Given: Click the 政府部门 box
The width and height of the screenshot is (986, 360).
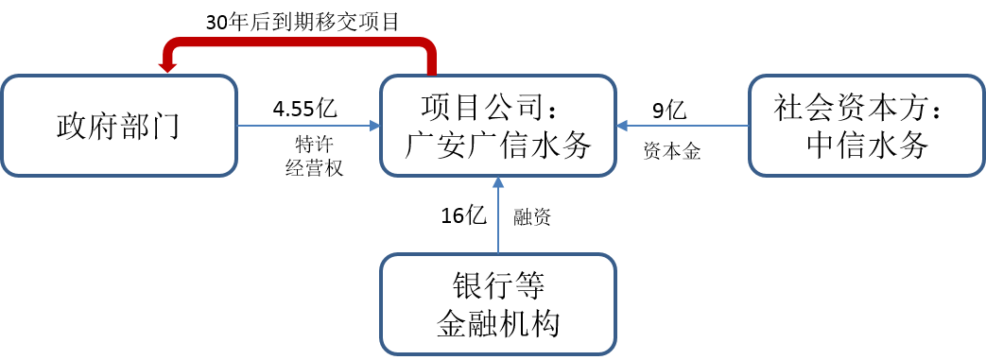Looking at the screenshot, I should click(x=118, y=126).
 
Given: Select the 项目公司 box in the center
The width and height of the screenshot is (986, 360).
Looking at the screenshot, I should click(x=498, y=126).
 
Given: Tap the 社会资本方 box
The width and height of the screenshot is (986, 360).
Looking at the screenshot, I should click(x=866, y=126).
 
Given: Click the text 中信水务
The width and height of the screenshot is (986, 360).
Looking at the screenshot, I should click(x=866, y=146).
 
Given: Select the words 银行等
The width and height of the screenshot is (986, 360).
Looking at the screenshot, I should click(x=498, y=285).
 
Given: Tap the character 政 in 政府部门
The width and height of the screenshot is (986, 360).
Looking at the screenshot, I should click(x=72, y=126).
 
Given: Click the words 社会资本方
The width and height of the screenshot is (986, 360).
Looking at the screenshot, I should click(x=851, y=106).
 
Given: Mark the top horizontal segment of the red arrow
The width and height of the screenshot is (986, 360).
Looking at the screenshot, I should click(x=298, y=43).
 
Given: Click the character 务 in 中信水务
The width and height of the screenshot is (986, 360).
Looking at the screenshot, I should click(x=912, y=146).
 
